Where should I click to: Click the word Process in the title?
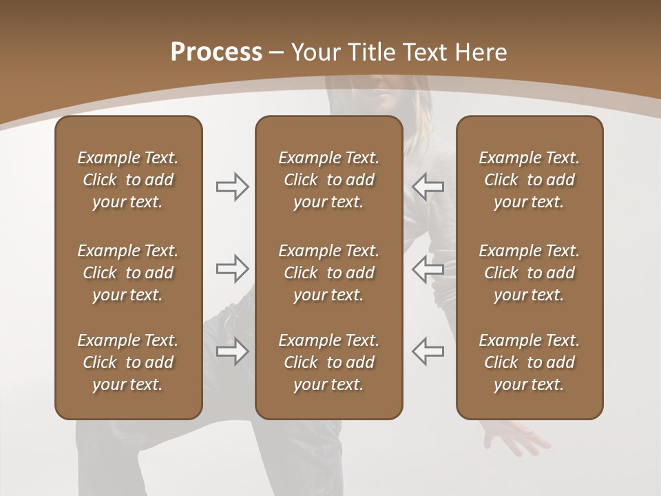[x=216, y=52]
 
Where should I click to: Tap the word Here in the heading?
[x=480, y=52]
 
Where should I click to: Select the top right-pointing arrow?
[x=232, y=187]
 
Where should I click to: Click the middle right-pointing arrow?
[x=232, y=269]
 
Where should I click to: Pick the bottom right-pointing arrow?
[x=232, y=351]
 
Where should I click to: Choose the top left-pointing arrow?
[x=428, y=187]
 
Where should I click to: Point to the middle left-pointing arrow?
[x=428, y=269]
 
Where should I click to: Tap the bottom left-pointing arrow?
[x=428, y=351]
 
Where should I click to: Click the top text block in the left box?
[x=128, y=180]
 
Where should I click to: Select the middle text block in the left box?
[x=128, y=273]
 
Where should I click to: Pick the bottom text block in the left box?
[x=128, y=362]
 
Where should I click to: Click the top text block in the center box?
[x=328, y=180]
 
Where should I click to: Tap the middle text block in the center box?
[x=328, y=273]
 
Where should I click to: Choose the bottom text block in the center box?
[x=328, y=362]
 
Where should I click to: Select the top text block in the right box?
[x=529, y=180]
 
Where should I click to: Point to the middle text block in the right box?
[x=529, y=273]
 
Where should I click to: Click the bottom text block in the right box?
[x=529, y=362]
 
